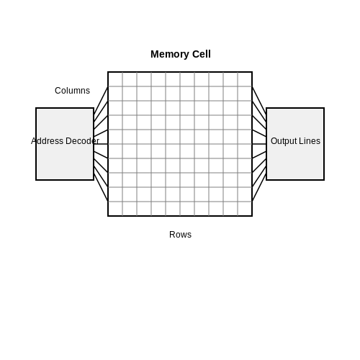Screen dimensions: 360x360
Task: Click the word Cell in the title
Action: click(x=202, y=54)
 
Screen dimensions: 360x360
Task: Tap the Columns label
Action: click(x=72, y=91)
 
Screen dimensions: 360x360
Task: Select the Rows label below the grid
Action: click(x=180, y=235)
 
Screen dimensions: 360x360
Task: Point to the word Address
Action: click(x=48, y=141)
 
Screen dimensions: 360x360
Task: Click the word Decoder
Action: click(x=82, y=141)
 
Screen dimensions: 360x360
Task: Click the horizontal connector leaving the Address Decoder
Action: click(x=101, y=144)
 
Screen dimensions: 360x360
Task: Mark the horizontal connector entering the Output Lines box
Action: click(x=259, y=144)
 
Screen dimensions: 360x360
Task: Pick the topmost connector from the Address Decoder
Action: click(x=101, y=101)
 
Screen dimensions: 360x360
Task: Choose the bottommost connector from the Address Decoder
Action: click(x=101, y=187)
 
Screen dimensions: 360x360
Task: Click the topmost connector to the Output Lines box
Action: click(x=259, y=101)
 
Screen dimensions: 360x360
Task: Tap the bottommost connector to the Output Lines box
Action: click(x=259, y=187)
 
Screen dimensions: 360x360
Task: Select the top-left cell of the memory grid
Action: click(x=115, y=79)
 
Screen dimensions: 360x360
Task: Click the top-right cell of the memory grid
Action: click(x=245, y=79)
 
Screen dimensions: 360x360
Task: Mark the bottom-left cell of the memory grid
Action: click(x=115, y=209)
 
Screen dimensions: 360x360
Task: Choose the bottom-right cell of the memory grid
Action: click(x=245, y=209)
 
